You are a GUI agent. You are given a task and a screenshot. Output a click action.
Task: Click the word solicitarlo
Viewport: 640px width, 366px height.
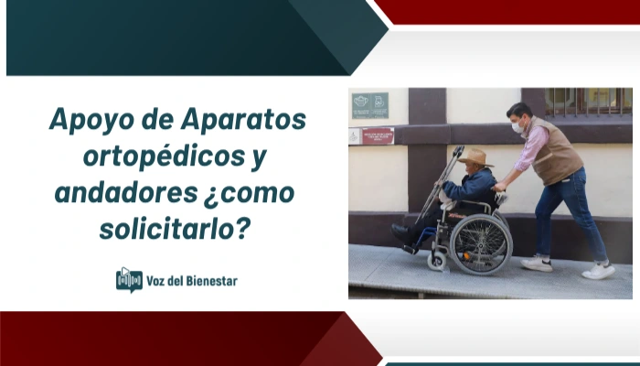[174, 229]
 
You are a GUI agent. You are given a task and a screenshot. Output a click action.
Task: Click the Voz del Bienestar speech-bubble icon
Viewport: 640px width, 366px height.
[129, 279]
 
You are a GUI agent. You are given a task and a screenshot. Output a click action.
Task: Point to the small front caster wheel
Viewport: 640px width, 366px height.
[437, 262]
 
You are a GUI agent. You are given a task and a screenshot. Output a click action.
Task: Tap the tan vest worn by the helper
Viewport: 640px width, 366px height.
[556, 151]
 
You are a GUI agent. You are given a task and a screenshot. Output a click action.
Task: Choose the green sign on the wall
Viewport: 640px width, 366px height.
[369, 104]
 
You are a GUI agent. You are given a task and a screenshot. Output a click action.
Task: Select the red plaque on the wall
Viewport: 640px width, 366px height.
[376, 136]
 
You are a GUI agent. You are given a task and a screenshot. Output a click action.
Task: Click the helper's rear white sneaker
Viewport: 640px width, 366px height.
[537, 264]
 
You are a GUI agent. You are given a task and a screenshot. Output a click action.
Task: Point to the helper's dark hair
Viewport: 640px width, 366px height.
[518, 111]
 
